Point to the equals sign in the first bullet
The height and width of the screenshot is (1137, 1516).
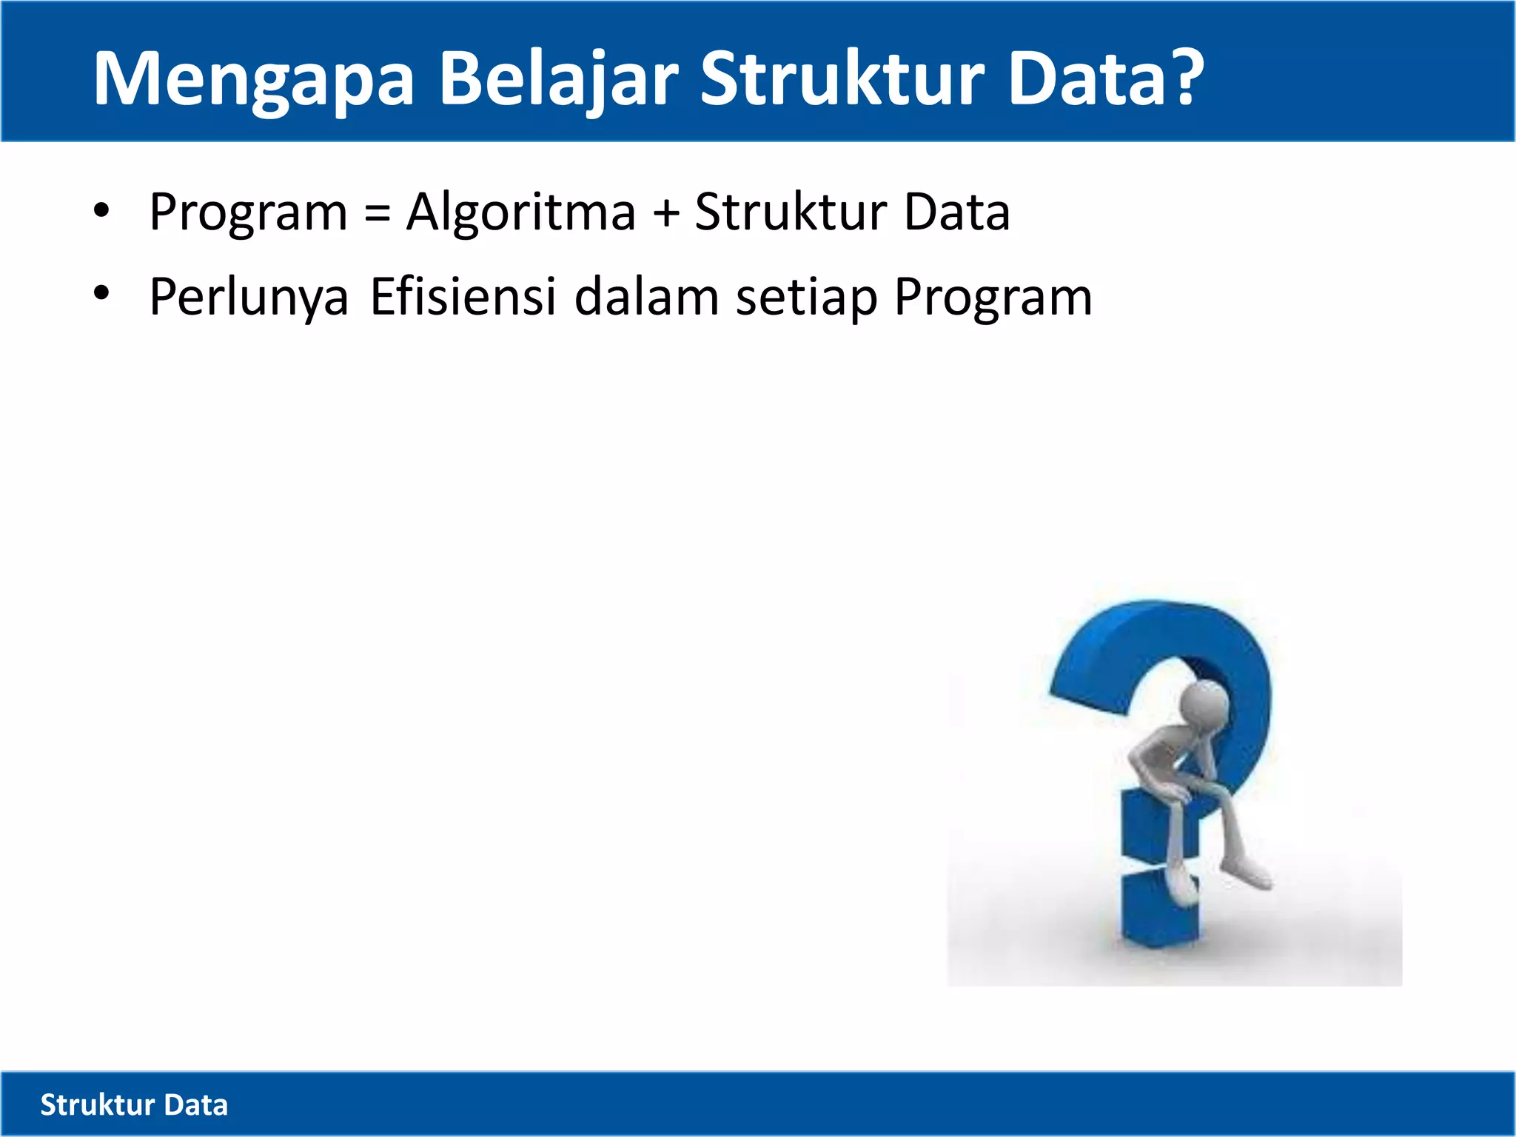point(377,214)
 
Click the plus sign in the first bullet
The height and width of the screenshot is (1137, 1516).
point(665,214)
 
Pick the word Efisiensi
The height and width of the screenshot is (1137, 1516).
point(463,297)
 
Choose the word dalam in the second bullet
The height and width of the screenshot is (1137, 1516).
point(646,297)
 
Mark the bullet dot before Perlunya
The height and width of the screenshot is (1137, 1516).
point(101,294)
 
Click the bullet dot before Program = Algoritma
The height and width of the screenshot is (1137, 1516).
point(101,212)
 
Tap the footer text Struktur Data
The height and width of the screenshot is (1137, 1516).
point(134,1104)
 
